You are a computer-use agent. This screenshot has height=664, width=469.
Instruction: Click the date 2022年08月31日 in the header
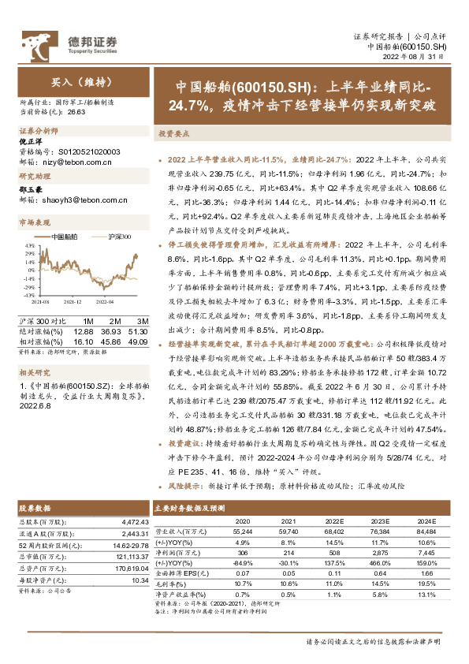(419, 57)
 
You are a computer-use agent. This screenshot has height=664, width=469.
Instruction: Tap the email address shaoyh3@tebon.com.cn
(81, 200)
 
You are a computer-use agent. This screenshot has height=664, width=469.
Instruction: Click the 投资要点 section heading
(173, 135)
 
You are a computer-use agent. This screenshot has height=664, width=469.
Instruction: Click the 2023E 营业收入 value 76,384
(382, 533)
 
